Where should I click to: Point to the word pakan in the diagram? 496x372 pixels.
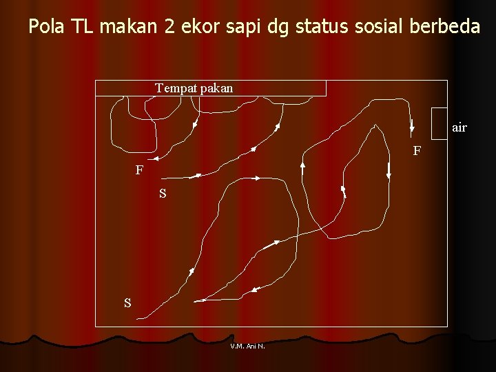(x=216, y=88)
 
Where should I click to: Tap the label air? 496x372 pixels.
(x=459, y=127)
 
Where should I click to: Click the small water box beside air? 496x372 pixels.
(x=440, y=121)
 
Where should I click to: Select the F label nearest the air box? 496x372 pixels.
(x=417, y=151)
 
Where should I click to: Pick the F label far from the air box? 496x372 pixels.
(x=139, y=170)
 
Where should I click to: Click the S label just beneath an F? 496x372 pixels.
(x=163, y=194)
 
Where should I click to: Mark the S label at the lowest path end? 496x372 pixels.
(x=127, y=302)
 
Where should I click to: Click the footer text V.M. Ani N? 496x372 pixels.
(x=247, y=347)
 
